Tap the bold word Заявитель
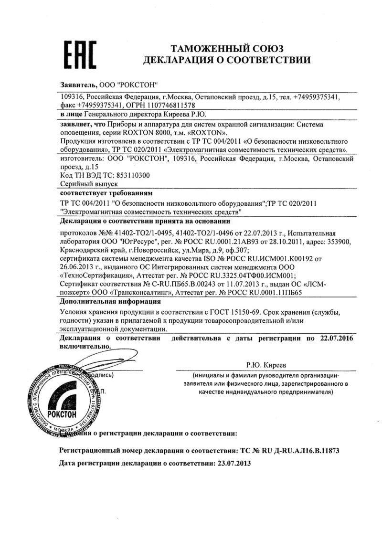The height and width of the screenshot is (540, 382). point(78,84)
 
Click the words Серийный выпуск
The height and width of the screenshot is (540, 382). point(89,183)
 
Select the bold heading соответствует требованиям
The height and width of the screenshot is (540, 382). point(106,194)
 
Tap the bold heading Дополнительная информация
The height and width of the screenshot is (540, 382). point(110,302)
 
